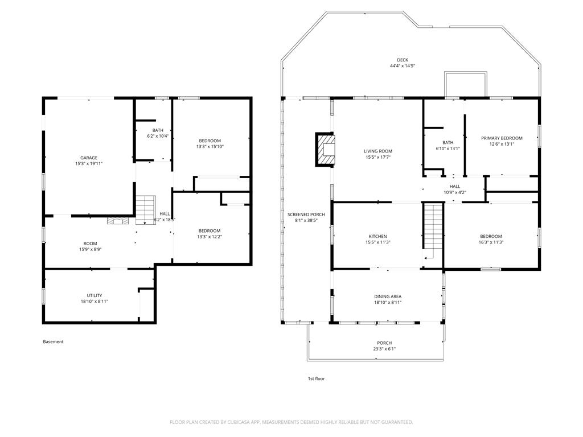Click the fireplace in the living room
pos(326,150)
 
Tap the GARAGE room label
pos(88,158)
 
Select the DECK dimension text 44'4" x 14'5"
pos(402,66)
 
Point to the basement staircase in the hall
pos(145,209)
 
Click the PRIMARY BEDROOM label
pos(502,138)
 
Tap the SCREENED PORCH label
pos(306,215)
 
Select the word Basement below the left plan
pos(53,342)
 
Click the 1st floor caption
pos(316,378)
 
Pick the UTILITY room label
pos(95,295)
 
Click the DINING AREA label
pos(388,296)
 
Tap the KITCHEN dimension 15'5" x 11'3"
pos(377,242)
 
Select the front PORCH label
pos(384,343)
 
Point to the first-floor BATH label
pos(448,143)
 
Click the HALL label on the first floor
pos(454,186)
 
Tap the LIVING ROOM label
pos(378,151)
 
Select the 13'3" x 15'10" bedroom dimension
pos(210,147)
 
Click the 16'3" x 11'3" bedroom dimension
pos(491,242)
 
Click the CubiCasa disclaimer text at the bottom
pos(291,422)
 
